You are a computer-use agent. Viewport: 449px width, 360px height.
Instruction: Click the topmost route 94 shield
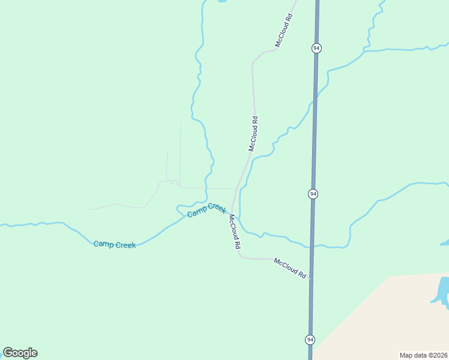tap(316, 48)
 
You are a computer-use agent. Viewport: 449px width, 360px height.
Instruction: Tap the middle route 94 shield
tap(313, 194)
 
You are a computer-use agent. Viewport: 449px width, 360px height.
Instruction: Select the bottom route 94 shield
tap(310, 340)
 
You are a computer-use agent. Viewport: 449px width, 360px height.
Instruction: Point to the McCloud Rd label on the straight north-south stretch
tap(254, 133)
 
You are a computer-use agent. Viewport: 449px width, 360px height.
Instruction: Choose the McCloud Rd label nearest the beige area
tap(291, 268)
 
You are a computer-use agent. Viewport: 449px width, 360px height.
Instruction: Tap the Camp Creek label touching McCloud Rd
tap(206, 210)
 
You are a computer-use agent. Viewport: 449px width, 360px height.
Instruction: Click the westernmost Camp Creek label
tap(115, 244)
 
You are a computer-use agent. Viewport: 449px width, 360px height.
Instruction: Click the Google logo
tap(20, 353)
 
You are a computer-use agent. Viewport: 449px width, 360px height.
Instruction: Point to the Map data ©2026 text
tap(423, 355)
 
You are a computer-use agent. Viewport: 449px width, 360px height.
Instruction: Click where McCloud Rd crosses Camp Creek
tap(231, 212)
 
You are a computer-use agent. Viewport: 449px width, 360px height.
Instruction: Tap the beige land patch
tap(384, 318)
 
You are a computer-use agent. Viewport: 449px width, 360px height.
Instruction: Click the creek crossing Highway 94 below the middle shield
tap(312, 246)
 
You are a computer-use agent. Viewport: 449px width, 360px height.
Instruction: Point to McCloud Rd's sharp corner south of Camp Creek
tap(241, 257)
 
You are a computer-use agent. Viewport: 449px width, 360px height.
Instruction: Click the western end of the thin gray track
tap(89, 209)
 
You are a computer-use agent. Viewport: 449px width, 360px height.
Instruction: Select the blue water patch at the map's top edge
tap(220, 2)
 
